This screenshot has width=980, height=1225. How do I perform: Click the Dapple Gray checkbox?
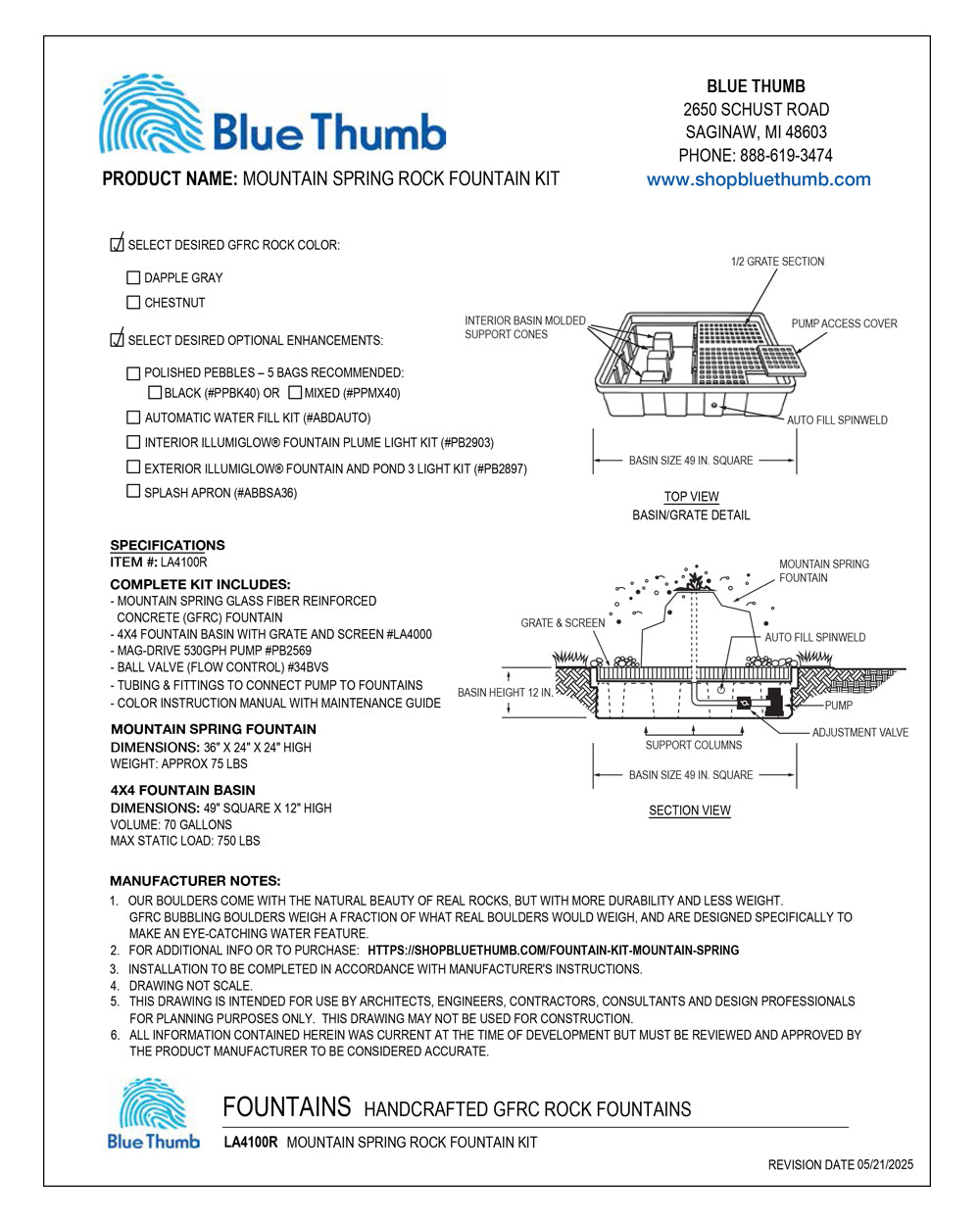pos(133,278)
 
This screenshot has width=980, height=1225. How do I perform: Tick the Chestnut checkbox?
pos(133,303)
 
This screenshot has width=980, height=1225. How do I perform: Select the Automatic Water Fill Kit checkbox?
pos(133,417)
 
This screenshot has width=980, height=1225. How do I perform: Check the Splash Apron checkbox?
pos(133,492)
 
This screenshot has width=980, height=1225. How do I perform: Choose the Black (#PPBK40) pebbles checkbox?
pos(155,393)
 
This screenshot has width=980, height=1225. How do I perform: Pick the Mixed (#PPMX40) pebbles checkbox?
pos(295,393)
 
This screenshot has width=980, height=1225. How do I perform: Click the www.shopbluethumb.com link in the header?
pos(758,179)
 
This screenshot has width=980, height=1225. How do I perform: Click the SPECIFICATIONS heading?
pos(168,545)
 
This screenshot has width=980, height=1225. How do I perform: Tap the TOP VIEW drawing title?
pos(691,497)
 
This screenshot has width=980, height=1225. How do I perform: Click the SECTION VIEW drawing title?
pos(690,810)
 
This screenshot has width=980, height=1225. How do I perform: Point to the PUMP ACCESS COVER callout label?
pos(844,323)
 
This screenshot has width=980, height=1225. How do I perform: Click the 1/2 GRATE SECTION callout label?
pos(777,262)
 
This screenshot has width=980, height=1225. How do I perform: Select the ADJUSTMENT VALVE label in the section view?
pos(859,732)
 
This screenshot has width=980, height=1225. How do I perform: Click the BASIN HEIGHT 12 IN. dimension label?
pos(505,693)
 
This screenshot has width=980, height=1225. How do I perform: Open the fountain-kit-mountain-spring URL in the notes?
pos(553,951)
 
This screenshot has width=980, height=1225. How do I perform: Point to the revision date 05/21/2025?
pos(840,1165)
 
